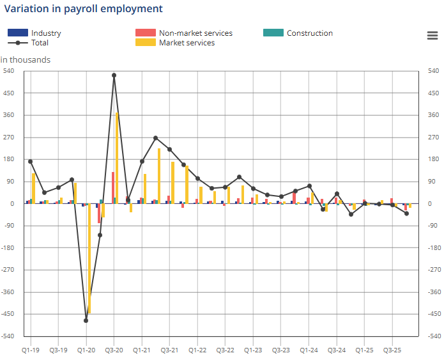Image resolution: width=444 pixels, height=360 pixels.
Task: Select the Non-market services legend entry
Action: [x=195, y=33]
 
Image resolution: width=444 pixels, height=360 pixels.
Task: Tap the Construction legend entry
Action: [x=309, y=33]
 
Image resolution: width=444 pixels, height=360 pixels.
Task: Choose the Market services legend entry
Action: [x=187, y=43]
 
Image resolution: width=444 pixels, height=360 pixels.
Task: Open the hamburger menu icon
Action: [x=432, y=35]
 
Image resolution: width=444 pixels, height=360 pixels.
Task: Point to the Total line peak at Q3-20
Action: [x=114, y=75]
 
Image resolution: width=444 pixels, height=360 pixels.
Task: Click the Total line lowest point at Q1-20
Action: [x=86, y=320]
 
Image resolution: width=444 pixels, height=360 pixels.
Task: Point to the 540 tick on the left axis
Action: [x=9, y=71]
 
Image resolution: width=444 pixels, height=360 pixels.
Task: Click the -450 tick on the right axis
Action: [x=433, y=314]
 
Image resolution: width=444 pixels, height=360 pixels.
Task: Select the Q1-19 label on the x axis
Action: [x=30, y=350]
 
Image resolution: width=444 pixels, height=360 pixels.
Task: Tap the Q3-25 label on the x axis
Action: [x=392, y=350]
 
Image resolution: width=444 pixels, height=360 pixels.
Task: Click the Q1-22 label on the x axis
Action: [x=197, y=350]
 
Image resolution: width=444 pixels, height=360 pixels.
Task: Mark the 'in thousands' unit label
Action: [x=26, y=60]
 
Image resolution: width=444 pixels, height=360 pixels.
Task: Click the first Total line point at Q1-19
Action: [x=30, y=162]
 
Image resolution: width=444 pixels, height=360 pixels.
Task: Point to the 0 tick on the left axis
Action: [x=11, y=204]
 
